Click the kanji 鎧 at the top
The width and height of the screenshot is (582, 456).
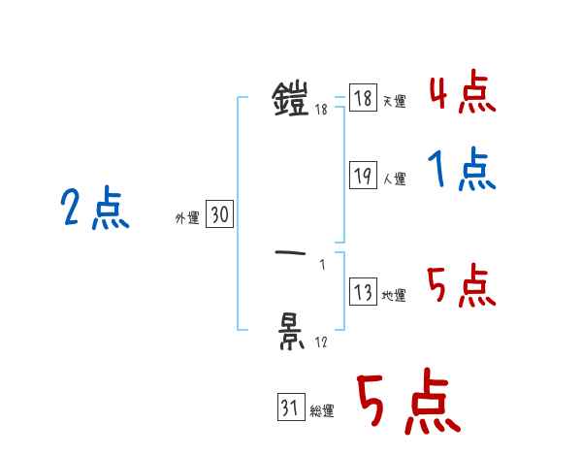point(291,98)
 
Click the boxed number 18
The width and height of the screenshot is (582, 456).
point(363,98)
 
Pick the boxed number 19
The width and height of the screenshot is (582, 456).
point(363,176)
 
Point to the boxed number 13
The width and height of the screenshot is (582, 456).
point(363,292)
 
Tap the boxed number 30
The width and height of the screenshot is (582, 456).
point(219,215)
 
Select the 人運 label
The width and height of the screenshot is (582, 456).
point(394,179)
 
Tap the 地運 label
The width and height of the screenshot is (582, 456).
point(394,296)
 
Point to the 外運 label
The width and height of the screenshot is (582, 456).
point(187,219)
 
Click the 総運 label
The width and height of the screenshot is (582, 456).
point(322,411)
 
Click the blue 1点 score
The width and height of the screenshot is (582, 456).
point(462,172)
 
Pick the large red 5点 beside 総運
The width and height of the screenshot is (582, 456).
point(407,404)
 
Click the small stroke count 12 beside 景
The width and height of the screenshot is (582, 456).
point(320,342)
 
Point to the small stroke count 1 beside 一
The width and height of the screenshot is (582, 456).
point(322,264)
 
